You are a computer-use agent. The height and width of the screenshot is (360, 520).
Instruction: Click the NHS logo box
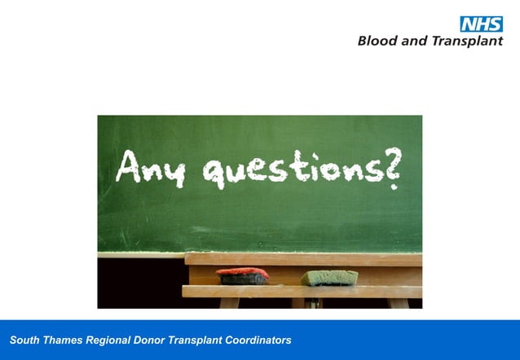coord(482,24)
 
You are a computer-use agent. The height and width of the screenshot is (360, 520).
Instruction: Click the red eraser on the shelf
coord(242,275)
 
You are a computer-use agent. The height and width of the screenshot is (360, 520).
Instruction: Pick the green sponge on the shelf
coord(329,278)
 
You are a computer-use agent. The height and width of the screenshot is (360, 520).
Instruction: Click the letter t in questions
coord(302,168)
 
